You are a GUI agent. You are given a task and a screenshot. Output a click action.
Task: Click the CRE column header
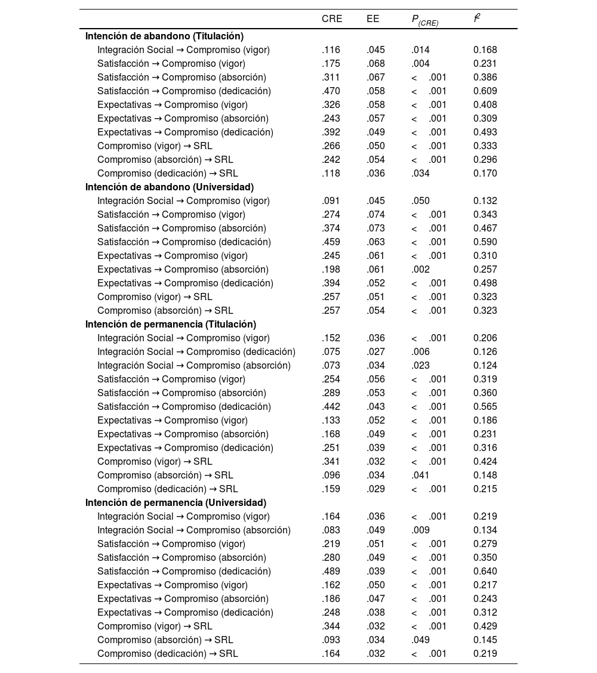(332, 19)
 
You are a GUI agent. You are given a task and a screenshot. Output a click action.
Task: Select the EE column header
(373, 19)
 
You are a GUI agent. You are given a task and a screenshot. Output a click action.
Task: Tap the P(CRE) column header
(424, 20)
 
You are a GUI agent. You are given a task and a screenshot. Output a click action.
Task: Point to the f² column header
(477, 18)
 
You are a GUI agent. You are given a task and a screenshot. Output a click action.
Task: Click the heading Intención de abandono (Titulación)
(164, 36)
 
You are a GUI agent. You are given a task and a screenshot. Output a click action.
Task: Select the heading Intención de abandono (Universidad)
(169, 187)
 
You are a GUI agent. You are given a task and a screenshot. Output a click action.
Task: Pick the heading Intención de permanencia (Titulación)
(170, 325)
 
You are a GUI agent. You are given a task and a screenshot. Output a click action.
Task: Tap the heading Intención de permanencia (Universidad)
(176, 503)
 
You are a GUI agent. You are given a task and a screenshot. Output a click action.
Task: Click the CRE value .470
(331, 91)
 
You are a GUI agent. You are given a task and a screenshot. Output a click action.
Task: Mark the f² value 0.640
(485, 572)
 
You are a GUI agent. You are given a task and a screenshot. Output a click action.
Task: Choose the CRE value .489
(331, 572)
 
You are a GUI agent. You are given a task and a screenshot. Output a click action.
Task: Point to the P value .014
(420, 50)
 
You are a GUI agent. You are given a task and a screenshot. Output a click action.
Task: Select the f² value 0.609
(485, 91)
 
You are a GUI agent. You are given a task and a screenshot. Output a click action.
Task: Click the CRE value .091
(331, 201)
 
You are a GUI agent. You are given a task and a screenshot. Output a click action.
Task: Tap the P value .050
(420, 201)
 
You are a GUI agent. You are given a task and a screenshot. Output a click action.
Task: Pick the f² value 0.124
(485, 366)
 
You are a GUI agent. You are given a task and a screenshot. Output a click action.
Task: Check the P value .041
(420, 476)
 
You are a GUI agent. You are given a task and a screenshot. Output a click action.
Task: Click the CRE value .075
(331, 352)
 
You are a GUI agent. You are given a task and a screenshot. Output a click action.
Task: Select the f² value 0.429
(485, 626)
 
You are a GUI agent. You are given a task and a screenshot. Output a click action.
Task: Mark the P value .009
(420, 530)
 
